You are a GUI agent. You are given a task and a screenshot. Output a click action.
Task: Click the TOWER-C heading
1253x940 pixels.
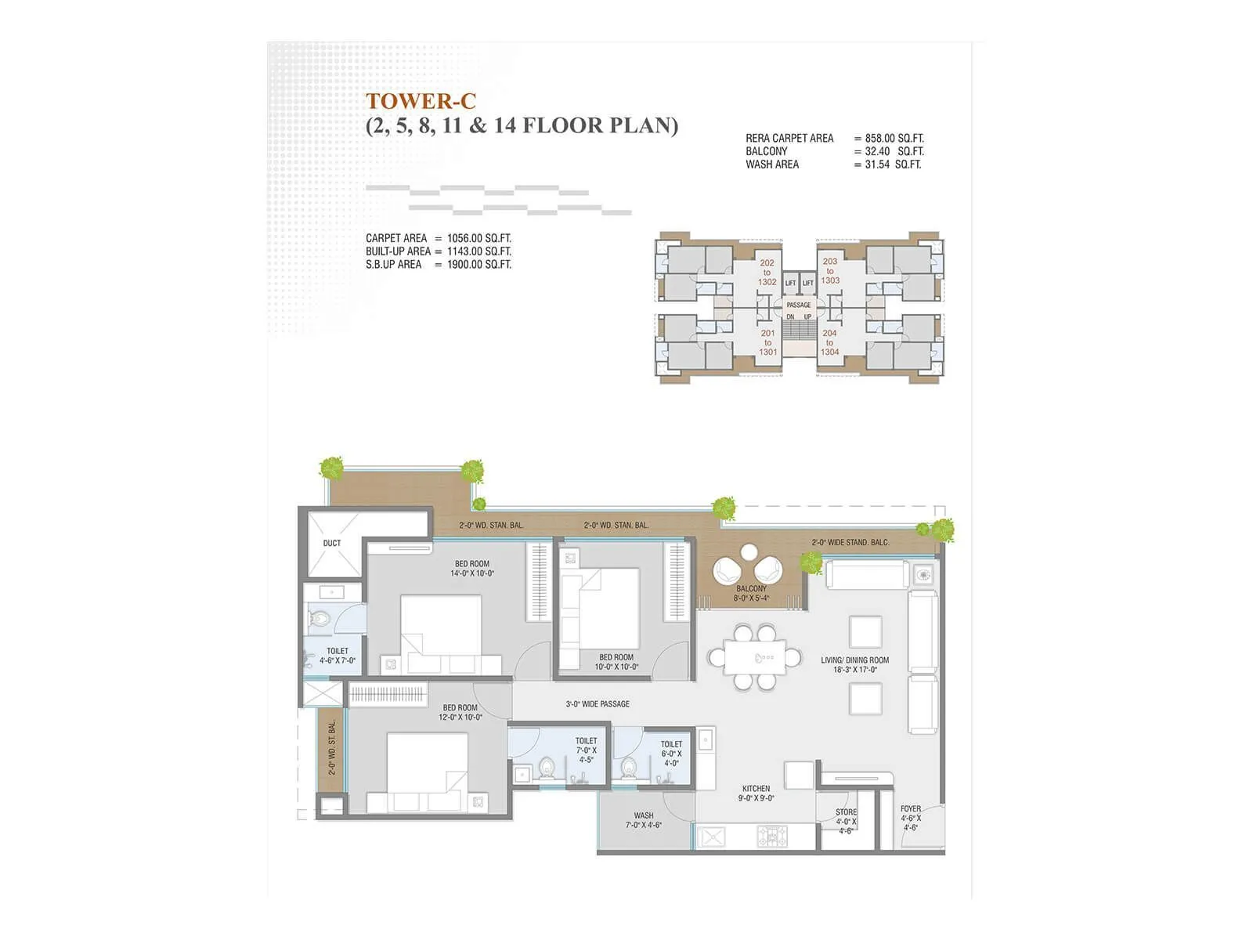[421, 101]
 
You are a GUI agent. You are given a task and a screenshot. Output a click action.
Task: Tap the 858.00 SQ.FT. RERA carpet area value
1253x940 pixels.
[894, 138]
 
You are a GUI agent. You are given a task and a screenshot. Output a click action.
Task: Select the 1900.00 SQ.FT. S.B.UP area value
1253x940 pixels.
[478, 265]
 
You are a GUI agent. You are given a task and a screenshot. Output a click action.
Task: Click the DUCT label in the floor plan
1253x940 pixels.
[332, 543]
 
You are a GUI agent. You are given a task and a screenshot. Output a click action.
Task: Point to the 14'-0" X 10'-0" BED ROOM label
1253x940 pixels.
[472, 569]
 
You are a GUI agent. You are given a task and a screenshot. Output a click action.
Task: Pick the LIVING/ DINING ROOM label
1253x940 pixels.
[854, 664]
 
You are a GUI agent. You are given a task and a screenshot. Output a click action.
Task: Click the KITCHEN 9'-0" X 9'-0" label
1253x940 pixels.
[756, 794]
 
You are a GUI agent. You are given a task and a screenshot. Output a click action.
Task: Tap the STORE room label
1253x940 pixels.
[846, 821]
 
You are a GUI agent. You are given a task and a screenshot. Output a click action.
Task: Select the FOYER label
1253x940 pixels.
[911, 818]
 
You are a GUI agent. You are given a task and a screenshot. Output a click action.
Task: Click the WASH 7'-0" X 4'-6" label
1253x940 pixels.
[644, 820]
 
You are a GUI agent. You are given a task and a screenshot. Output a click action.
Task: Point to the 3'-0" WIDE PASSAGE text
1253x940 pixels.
[598, 704]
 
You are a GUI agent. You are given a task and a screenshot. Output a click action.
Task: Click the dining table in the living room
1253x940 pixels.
[754, 657]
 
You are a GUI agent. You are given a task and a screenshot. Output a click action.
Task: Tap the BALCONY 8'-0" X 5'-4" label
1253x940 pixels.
[751, 593]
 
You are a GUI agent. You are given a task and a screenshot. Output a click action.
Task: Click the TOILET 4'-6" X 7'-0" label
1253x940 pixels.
[338, 656]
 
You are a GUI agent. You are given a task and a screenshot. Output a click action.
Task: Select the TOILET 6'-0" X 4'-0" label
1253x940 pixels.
[671, 754]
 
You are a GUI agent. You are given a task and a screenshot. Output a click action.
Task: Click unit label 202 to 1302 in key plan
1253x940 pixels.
[767, 273]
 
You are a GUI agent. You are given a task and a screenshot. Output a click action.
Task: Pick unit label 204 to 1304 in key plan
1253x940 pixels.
[829, 342]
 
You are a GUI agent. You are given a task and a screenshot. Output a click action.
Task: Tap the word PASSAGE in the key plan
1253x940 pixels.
[799, 305]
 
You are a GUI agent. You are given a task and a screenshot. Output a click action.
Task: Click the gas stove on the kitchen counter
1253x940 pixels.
[775, 837]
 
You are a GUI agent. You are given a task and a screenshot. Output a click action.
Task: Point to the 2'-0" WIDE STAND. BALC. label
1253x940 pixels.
[850, 542]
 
